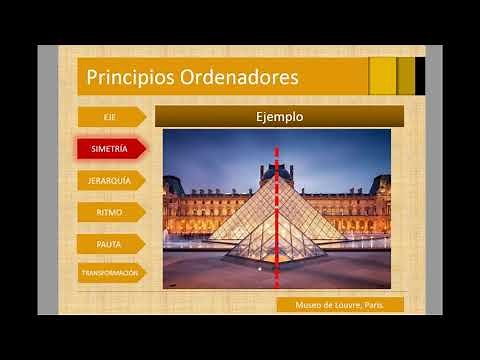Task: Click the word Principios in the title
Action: [x=122, y=77]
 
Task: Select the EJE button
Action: [x=109, y=117]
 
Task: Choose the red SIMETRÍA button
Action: [x=109, y=149]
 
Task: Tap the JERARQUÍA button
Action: [x=109, y=180]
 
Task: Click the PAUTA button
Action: [x=109, y=242]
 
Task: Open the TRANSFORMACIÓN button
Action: [x=110, y=272]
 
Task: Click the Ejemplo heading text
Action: [x=280, y=117]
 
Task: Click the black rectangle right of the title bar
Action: [x=420, y=76]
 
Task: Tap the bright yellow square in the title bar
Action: [x=382, y=76]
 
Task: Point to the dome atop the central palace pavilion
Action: [x=283, y=171]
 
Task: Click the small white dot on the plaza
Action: [x=260, y=268]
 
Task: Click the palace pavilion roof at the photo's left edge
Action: [x=172, y=184]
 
